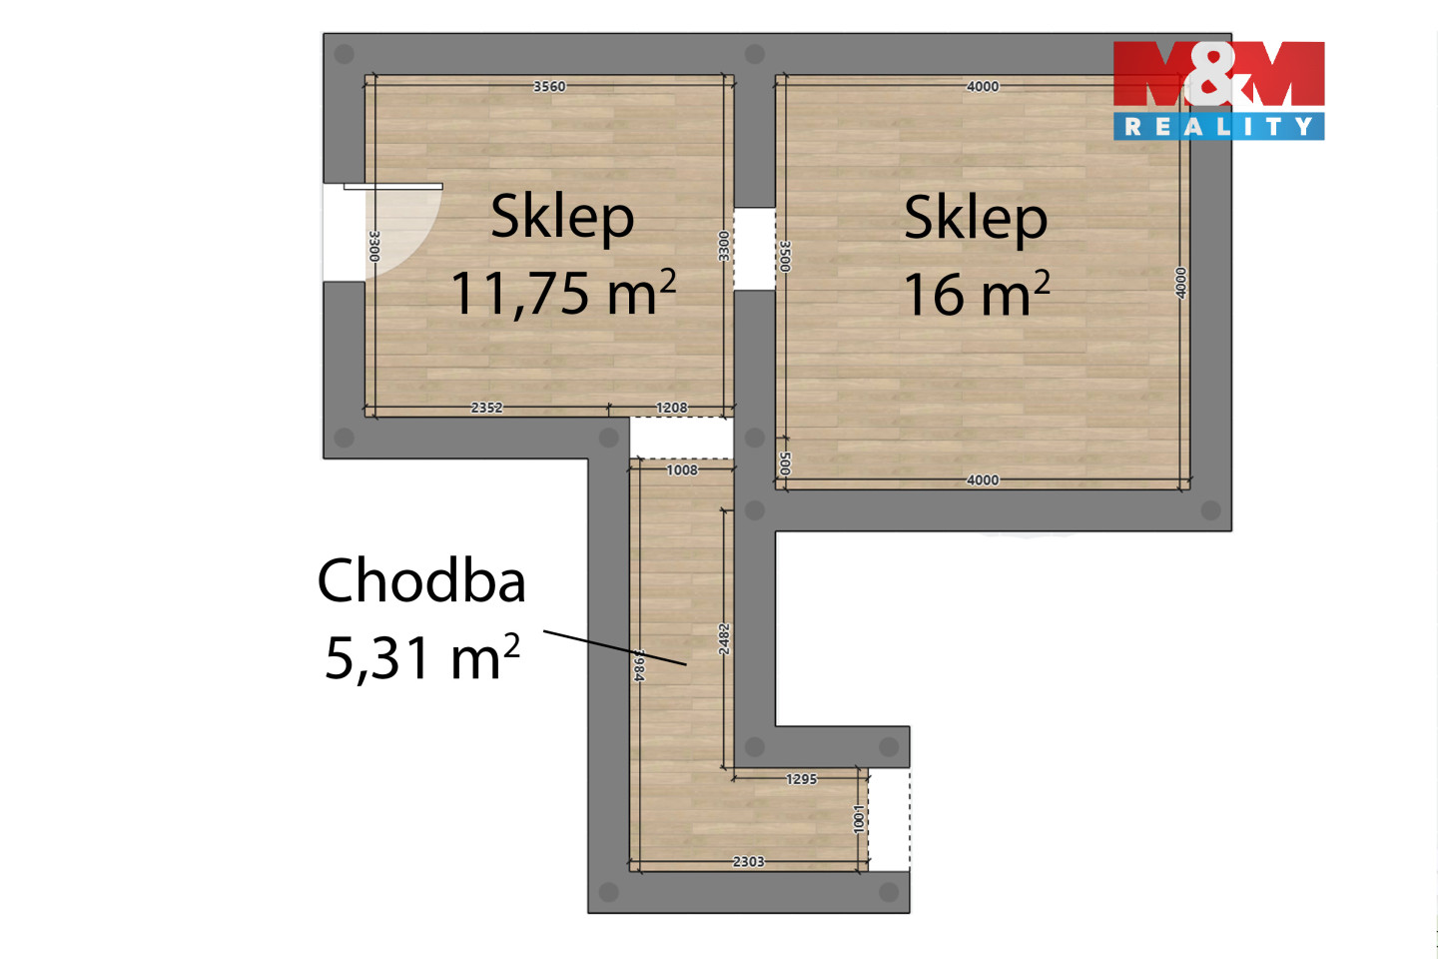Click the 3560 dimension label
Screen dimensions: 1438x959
549,86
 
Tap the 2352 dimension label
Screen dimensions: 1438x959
486,408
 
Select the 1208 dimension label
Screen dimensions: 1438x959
671,408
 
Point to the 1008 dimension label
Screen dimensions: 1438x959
682,471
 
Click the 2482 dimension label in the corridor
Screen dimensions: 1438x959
724,639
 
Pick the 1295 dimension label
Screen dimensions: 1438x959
802,779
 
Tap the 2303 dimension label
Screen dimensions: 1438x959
749,861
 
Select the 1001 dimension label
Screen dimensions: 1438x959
859,819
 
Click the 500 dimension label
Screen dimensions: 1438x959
785,464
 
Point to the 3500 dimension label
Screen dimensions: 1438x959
785,257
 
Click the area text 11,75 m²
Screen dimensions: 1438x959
563,293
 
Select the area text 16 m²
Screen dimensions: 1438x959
977,293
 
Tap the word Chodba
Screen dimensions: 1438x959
421,581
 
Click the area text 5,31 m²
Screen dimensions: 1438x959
421,657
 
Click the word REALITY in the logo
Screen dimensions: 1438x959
1218,127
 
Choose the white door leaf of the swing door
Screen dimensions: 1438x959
392,186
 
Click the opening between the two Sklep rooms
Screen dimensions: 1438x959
754,249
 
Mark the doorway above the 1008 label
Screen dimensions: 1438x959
681,439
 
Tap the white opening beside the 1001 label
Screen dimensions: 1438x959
889,819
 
